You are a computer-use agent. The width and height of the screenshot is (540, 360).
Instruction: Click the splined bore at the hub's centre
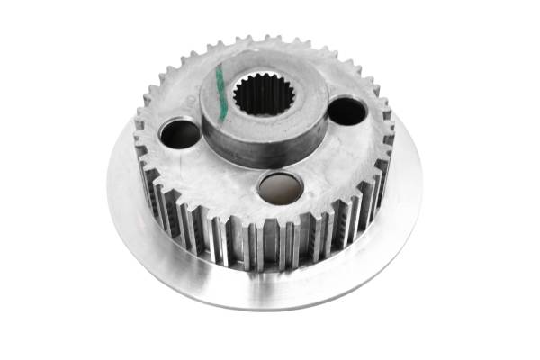263,94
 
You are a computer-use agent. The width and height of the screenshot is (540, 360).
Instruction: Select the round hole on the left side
180,134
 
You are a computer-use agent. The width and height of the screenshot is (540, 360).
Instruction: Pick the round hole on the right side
346,112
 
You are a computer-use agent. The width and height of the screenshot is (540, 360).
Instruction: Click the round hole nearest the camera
280,187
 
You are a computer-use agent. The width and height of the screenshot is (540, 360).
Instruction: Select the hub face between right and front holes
328,162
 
